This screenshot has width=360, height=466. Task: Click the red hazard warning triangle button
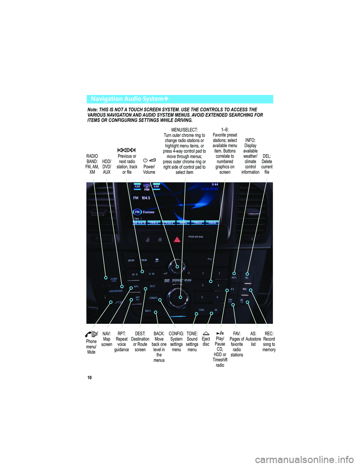177,239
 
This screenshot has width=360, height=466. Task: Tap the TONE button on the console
201,310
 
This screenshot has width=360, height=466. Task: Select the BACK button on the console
148,311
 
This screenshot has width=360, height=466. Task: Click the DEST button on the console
153,286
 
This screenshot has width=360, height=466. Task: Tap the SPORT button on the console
131,260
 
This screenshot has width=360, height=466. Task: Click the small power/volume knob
175,267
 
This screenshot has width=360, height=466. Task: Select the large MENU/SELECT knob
177,297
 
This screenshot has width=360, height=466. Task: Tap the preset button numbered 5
202,298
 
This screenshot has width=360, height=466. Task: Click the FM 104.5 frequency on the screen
142,198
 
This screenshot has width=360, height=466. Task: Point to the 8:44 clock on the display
215,185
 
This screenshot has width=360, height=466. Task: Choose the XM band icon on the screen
156,186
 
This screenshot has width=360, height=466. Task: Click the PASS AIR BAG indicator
196,237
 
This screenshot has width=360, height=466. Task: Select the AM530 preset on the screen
212,222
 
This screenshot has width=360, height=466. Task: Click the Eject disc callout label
206,341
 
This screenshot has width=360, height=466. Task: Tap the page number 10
90,377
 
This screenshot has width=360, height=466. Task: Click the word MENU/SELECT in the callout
184,130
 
